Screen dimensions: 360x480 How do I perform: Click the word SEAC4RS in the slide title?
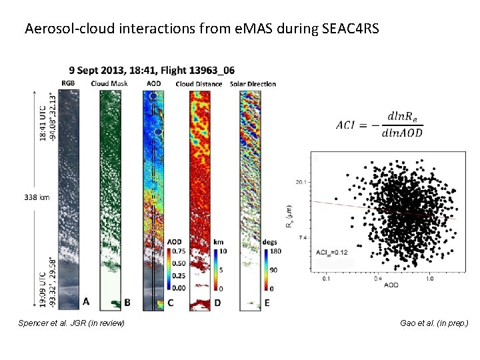point(355,29)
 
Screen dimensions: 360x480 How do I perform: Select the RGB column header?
point(69,83)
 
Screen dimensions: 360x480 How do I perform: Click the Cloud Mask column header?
point(109,83)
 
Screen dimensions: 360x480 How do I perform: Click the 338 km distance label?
point(37,197)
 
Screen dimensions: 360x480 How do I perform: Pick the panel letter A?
point(86,302)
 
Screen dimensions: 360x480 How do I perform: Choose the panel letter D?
point(217,303)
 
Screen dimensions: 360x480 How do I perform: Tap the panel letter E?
point(267,303)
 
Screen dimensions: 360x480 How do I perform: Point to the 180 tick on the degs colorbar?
point(274,251)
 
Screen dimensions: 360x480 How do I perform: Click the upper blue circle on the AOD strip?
point(153,97)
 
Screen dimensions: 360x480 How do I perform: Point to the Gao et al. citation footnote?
point(434,323)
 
